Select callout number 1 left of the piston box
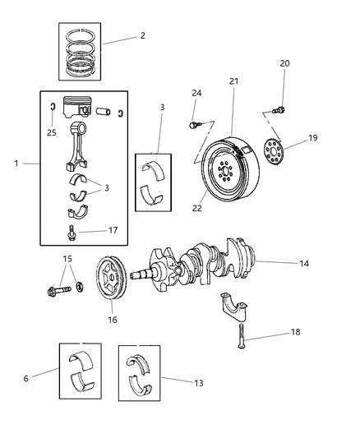point(16,164)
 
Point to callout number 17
point(113,230)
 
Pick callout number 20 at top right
point(284,63)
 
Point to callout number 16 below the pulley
point(112,319)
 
